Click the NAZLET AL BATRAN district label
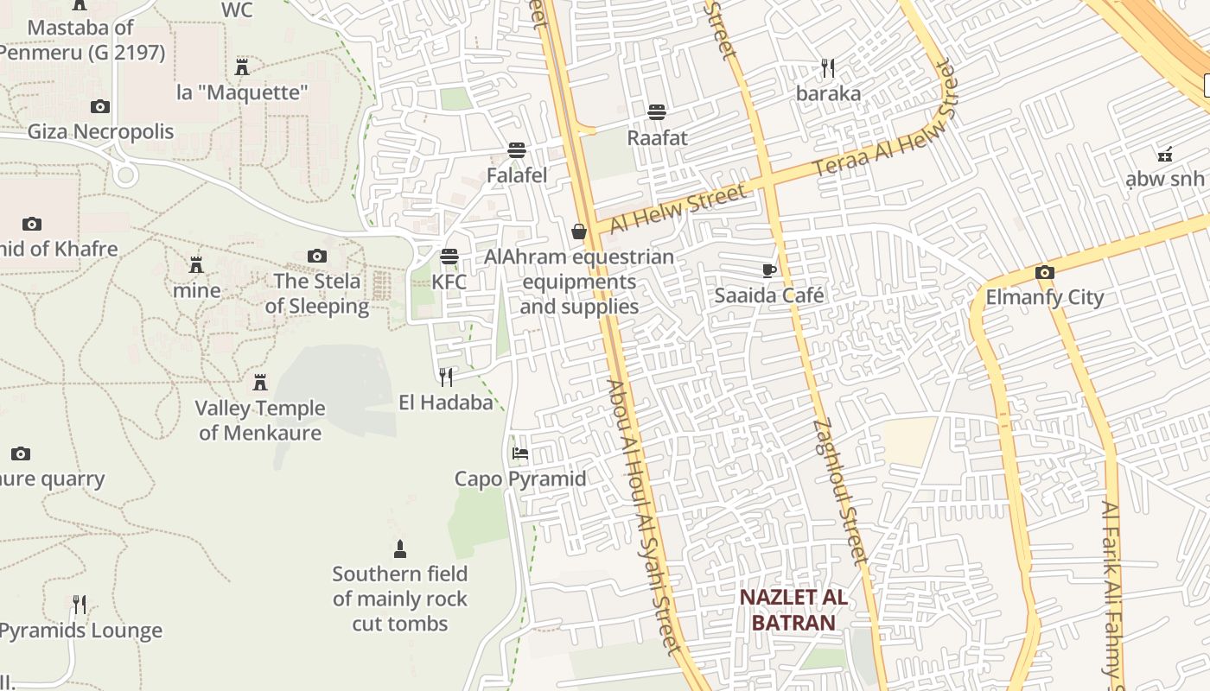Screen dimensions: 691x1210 pos(793,610)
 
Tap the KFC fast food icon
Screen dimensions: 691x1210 pos(449,257)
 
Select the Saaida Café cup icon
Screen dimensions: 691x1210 pos(769,270)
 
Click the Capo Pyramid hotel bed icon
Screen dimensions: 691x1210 pos(520,453)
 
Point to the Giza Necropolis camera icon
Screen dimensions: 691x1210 pos(100,106)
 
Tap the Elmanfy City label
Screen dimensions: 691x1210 pos(1045,297)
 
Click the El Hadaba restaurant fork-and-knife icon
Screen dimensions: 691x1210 pos(446,377)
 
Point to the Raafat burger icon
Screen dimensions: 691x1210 pos(657,111)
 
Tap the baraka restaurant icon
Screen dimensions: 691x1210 pos(828,68)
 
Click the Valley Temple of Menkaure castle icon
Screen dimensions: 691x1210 pos(259,382)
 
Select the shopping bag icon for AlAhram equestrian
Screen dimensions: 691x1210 pos(579,231)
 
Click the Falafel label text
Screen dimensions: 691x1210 pos(517,175)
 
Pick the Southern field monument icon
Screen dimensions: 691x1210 pos(399,548)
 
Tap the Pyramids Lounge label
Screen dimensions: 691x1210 pos(81,631)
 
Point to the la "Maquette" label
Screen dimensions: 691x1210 pos(242,92)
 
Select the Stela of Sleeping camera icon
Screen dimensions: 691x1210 pos(317,256)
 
